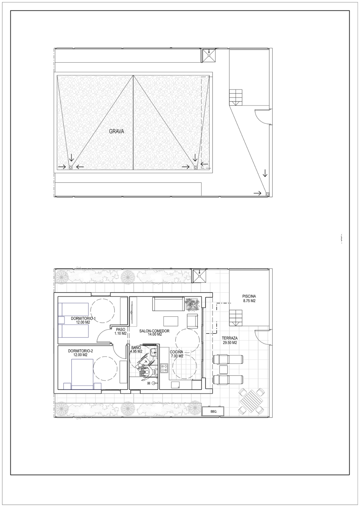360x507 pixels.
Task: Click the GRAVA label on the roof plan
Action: (117, 131)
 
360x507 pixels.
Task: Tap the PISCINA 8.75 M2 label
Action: (249, 299)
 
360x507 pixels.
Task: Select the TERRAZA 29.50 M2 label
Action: (230, 340)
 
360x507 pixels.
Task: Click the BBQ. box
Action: (214, 412)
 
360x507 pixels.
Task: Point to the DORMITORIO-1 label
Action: (83, 318)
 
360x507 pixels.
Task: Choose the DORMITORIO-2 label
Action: (80, 351)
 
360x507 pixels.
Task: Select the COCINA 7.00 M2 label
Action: (177, 354)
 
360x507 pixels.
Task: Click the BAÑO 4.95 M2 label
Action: (136, 350)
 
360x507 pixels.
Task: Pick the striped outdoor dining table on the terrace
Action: (251, 401)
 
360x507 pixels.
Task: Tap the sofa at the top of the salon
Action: (168, 304)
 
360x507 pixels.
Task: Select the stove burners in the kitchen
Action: (164, 368)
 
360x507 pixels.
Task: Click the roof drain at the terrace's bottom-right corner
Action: (267, 194)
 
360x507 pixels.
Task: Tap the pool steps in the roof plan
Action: (236, 97)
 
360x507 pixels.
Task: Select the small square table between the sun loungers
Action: (223, 369)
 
